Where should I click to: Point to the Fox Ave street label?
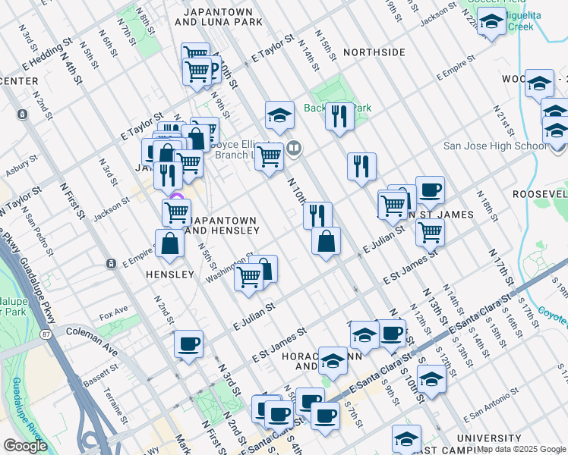click(x=113, y=311)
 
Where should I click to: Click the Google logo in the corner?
click(x=25, y=446)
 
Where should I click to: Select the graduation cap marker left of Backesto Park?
click(x=279, y=115)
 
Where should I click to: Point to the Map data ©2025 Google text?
click(x=520, y=449)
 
